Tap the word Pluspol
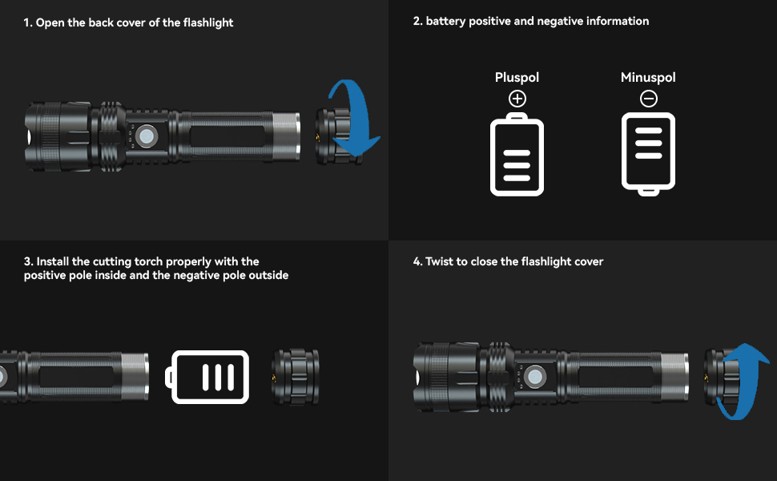[x=517, y=78]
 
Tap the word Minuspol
[x=648, y=78]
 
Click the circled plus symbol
[x=517, y=99]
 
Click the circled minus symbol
[x=649, y=99]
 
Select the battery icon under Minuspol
[x=649, y=153]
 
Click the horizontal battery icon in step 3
[x=208, y=377]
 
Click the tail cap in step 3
[x=296, y=377]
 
